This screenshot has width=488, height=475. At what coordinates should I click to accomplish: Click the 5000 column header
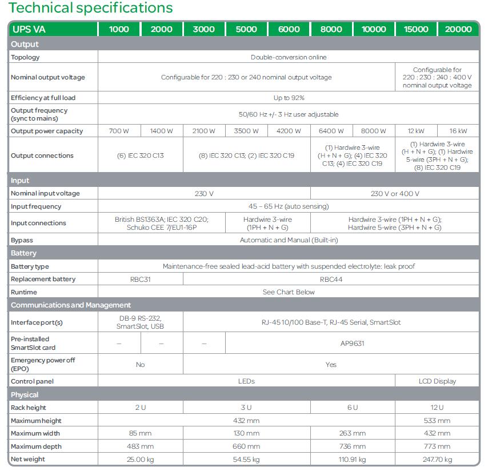tap(246, 29)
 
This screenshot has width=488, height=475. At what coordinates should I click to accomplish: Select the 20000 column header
tap(458, 29)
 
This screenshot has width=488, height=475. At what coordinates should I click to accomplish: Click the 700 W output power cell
tap(119, 131)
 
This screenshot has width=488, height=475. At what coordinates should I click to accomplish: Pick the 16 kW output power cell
tap(458, 131)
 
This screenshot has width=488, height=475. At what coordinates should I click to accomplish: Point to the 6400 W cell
tap(331, 131)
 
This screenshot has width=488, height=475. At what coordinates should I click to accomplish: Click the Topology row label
tap(26, 57)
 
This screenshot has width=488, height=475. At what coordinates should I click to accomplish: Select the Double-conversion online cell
tap(289, 57)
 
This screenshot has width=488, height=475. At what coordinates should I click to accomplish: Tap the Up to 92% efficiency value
tap(289, 98)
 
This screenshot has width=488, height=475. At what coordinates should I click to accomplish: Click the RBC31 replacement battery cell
tap(141, 279)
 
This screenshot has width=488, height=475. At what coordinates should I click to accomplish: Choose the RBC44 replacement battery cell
tap(331, 279)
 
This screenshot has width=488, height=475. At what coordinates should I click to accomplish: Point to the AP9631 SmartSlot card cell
tap(352, 344)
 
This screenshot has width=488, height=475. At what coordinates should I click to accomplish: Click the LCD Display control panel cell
tap(437, 381)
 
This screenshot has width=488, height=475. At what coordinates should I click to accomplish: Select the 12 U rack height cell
tap(437, 408)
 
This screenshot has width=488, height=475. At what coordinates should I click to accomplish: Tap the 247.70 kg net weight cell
tap(437, 459)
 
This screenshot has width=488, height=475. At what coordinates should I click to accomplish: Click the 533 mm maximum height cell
tap(437, 421)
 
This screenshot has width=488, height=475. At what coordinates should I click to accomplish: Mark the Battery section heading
tap(24, 253)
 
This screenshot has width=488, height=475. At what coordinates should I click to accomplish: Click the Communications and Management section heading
tap(71, 305)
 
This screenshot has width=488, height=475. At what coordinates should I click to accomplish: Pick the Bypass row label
tap(22, 240)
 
